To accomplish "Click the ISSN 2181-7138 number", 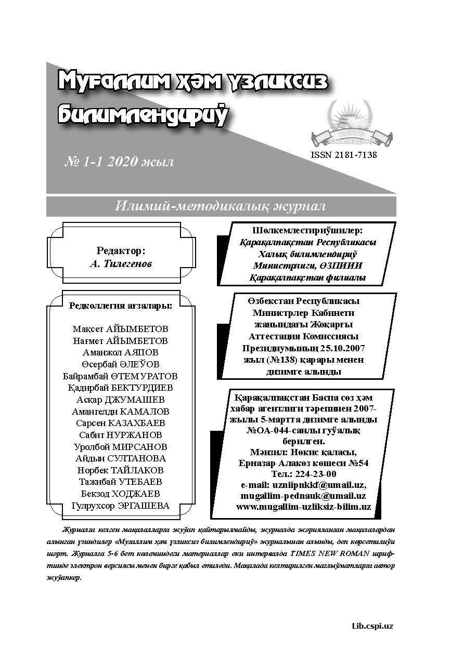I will pyautogui.click(x=343, y=154).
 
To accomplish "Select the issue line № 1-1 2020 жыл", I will pyautogui.click(x=119, y=162).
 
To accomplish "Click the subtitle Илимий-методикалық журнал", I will pyautogui.click(x=221, y=206).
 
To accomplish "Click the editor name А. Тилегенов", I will pyautogui.click(x=121, y=263).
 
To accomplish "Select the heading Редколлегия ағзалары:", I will pyautogui.click(x=121, y=305).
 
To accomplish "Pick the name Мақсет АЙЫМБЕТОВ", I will pyautogui.click(x=121, y=329).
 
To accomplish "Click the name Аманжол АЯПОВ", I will pyautogui.click(x=121, y=352).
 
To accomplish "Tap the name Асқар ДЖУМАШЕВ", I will pyautogui.click(x=121, y=400).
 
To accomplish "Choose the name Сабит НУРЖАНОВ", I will pyautogui.click(x=121, y=435).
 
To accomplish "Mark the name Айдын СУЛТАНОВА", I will pyautogui.click(x=121, y=458).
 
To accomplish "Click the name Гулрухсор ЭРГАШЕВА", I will pyautogui.click(x=121, y=506).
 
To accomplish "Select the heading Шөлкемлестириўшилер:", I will pyautogui.click(x=307, y=230).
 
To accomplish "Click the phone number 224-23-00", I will pyautogui.click(x=318, y=474).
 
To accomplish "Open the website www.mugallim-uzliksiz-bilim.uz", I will pyautogui.click(x=303, y=507).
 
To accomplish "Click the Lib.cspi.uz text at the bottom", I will pyautogui.click(x=372, y=626).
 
